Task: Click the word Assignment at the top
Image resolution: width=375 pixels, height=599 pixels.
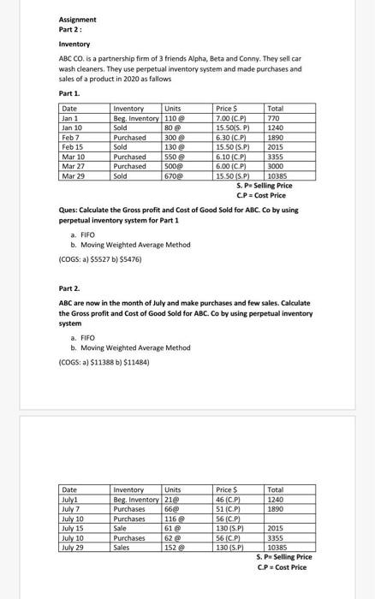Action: (77, 19)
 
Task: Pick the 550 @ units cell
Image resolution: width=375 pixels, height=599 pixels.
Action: (174, 157)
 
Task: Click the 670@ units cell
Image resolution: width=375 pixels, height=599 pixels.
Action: (174, 175)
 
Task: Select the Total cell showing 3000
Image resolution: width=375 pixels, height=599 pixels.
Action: (277, 166)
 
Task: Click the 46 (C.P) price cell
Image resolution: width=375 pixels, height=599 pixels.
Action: (229, 500)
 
